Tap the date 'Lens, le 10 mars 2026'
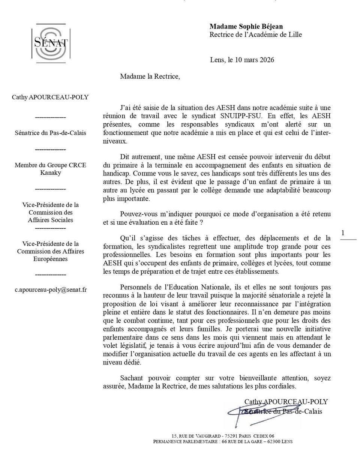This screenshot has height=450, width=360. (242, 60)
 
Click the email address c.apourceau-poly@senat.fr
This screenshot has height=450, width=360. (50, 290)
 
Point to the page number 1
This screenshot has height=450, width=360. (343, 233)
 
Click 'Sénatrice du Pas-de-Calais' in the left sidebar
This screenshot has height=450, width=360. (50, 133)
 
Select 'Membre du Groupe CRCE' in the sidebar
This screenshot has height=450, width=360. (50, 165)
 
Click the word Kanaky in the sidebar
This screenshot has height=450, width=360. (50, 172)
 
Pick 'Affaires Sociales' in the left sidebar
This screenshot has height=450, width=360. (50, 220)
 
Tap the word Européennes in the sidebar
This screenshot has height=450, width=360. (50, 259)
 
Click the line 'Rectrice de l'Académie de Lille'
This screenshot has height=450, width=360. (255, 35)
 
